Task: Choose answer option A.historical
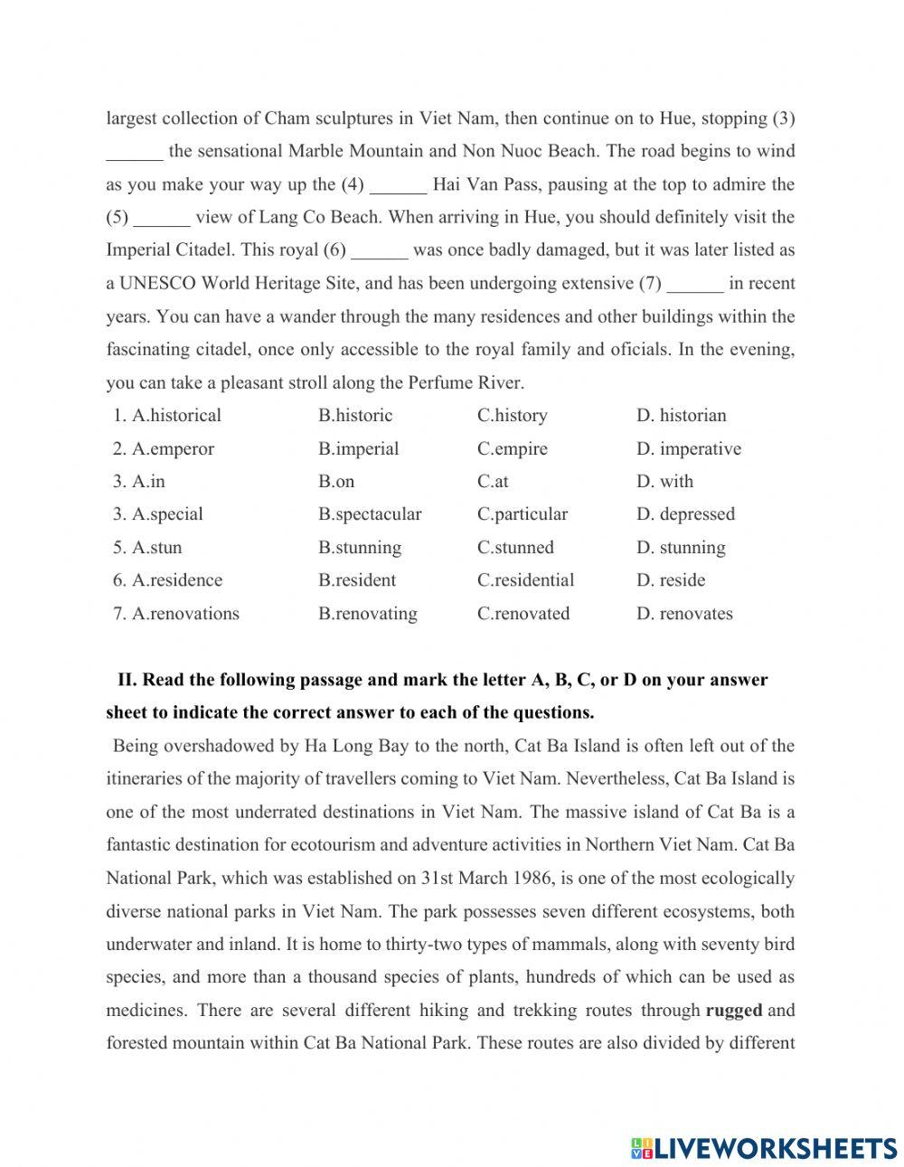(176, 416)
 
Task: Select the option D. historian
(681, 416)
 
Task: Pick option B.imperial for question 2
(358, 449)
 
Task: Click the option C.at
(493, 482)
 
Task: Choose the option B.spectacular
(370, 514)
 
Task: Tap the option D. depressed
(685, 514)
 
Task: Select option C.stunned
(515, 548)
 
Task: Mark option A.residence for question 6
(176, 580)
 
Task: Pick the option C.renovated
(523, 614)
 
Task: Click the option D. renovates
(684, 614)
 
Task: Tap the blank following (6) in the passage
(380, 251)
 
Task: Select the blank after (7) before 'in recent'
(695, 285)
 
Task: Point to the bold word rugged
(733, 1011)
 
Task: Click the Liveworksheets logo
(764, 1148)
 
